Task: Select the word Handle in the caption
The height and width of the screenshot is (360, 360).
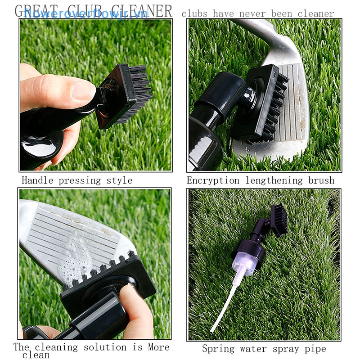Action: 37,181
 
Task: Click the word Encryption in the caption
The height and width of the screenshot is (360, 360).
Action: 213,181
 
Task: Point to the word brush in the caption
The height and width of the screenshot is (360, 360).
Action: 321,181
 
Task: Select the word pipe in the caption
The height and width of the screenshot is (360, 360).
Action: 315,349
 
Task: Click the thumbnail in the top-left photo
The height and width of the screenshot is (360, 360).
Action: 84,90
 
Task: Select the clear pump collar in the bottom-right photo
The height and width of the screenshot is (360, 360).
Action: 246,265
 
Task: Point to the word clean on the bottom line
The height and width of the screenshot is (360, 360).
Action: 36,355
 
